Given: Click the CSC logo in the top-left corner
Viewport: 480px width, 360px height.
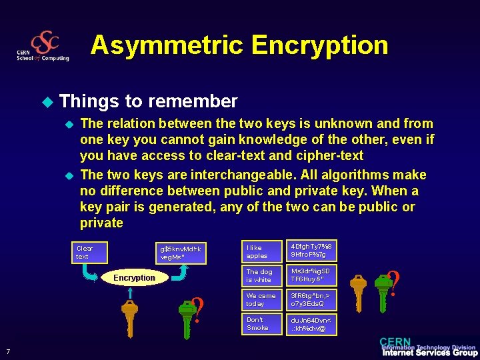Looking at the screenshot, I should (x=44, y=46).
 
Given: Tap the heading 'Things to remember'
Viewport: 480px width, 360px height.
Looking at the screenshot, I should (x=148, y=101).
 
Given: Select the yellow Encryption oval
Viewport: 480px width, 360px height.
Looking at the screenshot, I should (x=134, y=277).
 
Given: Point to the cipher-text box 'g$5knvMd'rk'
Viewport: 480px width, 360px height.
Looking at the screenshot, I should (x=180, y=252).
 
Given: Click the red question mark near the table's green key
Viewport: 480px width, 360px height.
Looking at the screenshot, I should (x=393, y=281).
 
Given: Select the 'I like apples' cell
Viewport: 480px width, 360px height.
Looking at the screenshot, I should (x=262, y=251).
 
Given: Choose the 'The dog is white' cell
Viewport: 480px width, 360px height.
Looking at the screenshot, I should (x=262, y=275).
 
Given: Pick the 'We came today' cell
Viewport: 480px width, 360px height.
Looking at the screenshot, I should (x=262, y=299).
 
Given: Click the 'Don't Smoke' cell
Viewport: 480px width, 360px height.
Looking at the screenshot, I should (x=262, y=323).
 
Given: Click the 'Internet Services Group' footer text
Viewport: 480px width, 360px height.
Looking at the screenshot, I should (x=429, y=353).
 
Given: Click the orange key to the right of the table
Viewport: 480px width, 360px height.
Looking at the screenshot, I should (x=359, y=290).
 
